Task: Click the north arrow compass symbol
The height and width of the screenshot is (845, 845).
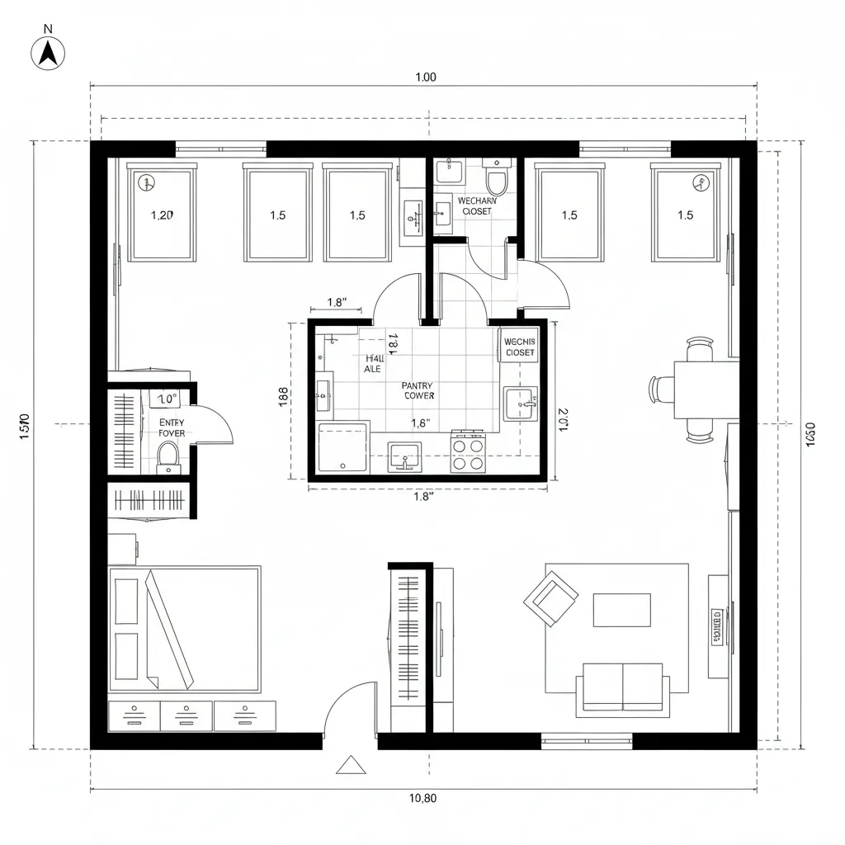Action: (48, 53)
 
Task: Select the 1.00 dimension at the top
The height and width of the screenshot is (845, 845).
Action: (425, 78)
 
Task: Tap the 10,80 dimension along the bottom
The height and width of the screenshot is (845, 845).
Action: (422, 798)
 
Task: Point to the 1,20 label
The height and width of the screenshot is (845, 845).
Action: (163, 215)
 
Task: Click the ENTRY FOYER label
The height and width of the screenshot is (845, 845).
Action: (172, 427)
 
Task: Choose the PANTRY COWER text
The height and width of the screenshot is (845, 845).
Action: (418, 390)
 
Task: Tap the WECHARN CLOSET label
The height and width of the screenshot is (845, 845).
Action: (474, 206)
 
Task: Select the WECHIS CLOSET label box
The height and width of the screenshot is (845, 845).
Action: (519, 347)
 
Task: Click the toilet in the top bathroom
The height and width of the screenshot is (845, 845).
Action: (497, 179)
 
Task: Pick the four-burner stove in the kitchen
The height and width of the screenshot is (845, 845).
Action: (467, 453)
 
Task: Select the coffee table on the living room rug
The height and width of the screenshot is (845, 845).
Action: (621, 610)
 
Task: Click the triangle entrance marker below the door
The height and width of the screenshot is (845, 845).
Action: (351, 766)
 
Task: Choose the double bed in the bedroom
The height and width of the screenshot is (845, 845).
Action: (186, 629)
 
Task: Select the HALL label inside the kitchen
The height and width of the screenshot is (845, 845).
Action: (374, 364)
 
